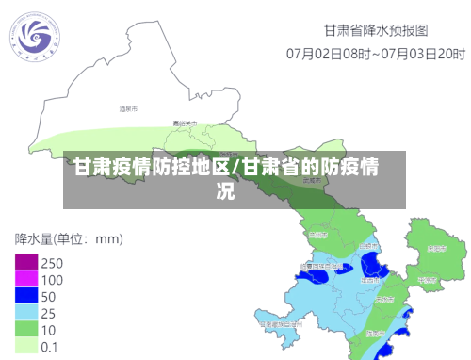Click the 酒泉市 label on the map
128,110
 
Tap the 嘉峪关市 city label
185,123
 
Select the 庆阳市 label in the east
435,249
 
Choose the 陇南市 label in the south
374,334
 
